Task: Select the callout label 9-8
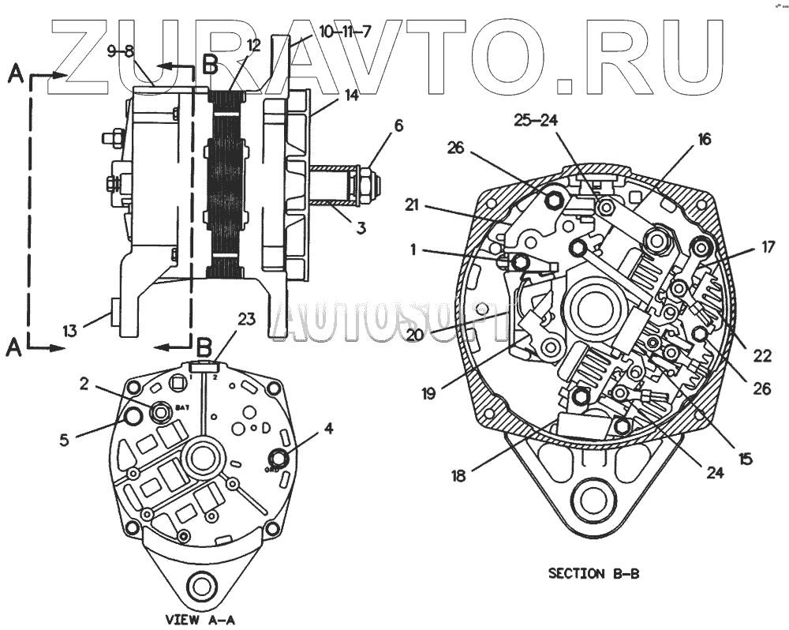click(121, 51)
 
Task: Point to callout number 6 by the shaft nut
click(398, 124)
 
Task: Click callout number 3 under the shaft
click(360, 229)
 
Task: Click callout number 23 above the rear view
click(247, 320)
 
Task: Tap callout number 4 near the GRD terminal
click(328, 429)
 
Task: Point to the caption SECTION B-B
click(593, 574)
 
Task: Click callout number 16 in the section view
click(704, 140)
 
